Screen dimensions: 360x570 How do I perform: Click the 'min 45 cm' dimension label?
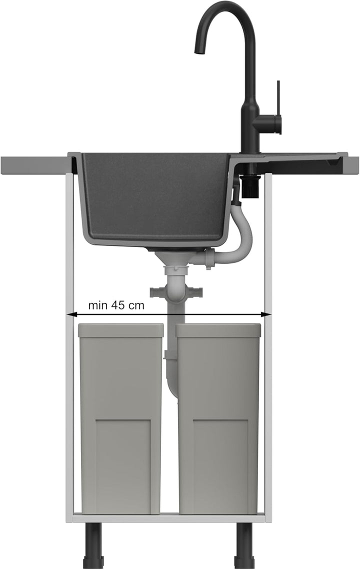click(116, 305)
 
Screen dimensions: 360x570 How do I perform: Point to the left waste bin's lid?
click(120, 330)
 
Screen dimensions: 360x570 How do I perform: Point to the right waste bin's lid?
click(218, 330)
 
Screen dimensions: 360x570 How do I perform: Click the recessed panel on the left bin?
click(123, 466)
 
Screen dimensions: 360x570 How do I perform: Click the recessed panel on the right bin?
click(220, 466)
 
